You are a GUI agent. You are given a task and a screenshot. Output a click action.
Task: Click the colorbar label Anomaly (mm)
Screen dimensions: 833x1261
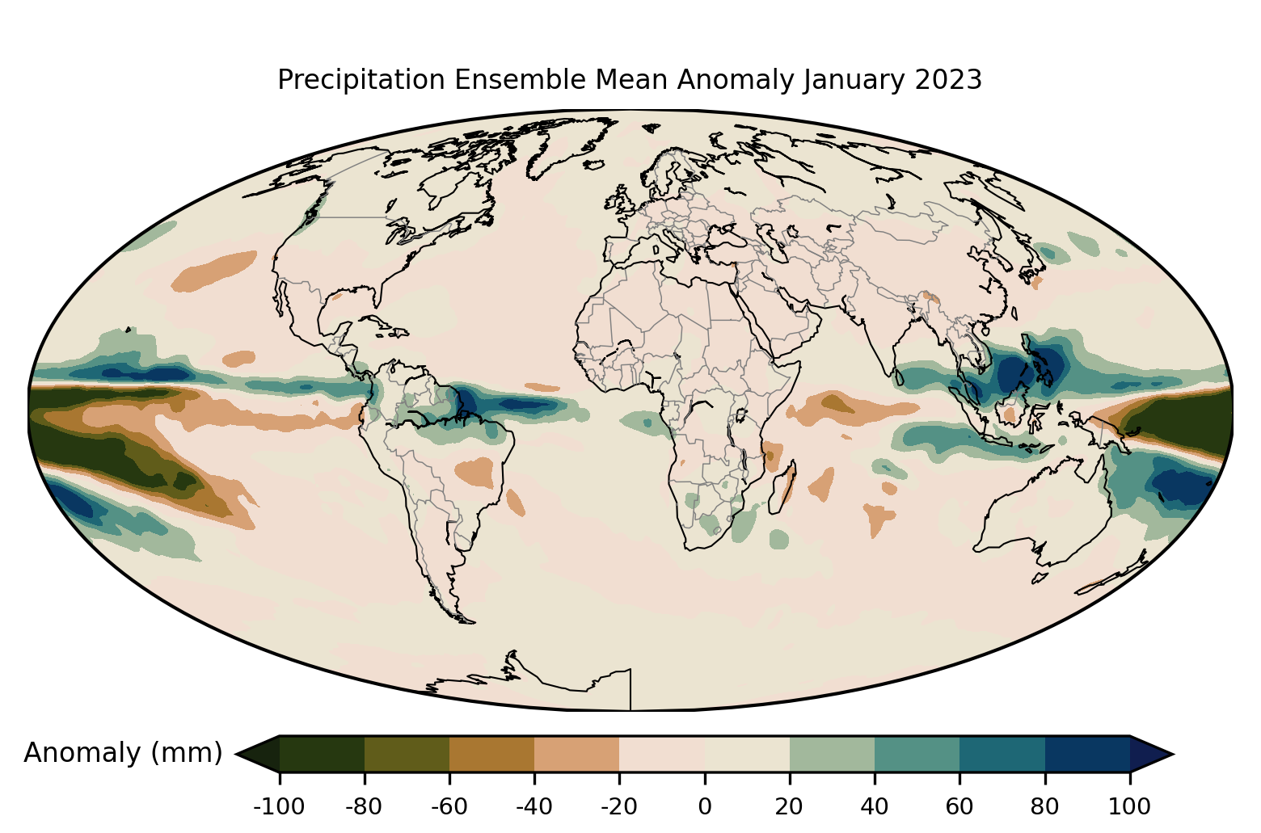click(123, 753)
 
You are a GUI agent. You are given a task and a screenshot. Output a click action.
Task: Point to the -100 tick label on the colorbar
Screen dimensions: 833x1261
click(279, 806)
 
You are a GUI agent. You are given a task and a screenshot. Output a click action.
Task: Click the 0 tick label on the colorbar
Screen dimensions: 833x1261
click(704, 806)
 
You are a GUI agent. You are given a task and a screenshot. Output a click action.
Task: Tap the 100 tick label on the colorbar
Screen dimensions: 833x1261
click(1130, 806)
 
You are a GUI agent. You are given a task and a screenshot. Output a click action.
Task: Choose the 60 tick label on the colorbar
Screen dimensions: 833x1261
click(959, 806)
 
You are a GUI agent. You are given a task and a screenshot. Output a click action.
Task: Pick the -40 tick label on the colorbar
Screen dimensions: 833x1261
click(533, 806)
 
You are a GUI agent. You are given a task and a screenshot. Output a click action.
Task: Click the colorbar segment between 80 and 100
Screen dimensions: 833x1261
click(1087, 754)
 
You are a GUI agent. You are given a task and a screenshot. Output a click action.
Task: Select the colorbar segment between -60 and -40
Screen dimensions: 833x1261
click(491, 754)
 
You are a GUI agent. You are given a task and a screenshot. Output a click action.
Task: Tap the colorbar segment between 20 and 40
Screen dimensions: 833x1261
click(832, 754)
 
